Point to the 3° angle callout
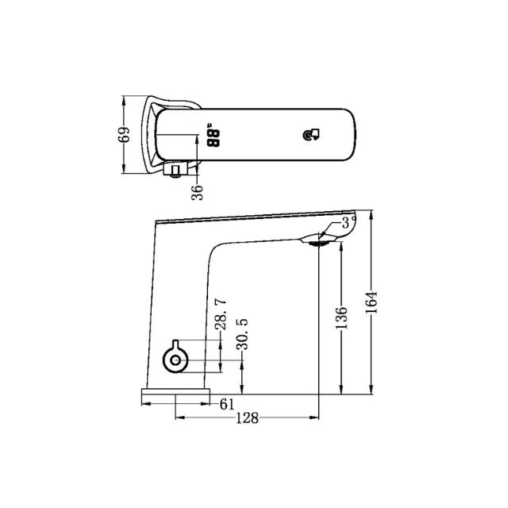(x=346, y=224)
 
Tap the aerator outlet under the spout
(x=317, y=242)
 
